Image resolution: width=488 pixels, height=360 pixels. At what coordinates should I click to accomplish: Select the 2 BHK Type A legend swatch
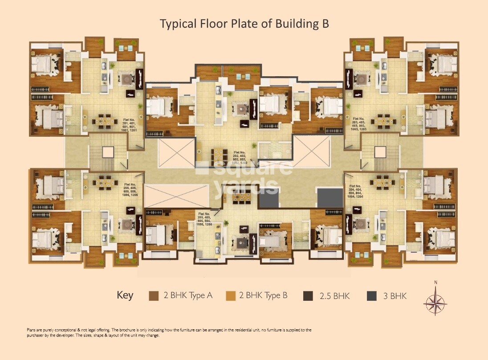point(154,296)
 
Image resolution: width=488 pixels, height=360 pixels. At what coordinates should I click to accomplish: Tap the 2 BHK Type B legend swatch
point(230,296)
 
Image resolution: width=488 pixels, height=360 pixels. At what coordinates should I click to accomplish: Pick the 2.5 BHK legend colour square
point(308,296)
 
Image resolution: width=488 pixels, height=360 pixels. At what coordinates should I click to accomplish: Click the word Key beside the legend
point(125,295)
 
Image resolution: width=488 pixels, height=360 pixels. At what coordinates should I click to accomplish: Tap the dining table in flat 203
point(383,120)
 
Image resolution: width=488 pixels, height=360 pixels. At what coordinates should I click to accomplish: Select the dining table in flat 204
point(383,181)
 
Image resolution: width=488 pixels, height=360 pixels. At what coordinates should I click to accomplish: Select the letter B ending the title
point(325,24)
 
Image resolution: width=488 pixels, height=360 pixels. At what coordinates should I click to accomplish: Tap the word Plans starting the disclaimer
point(32,330)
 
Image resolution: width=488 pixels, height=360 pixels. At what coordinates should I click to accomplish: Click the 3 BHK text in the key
point(394,296)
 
